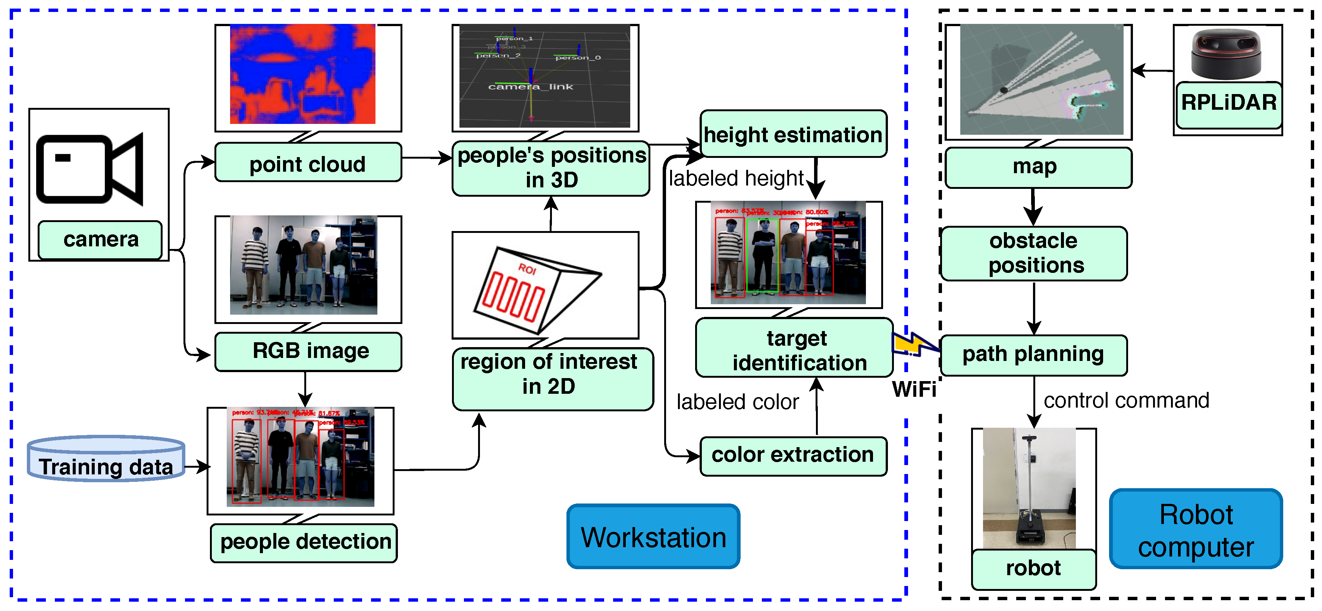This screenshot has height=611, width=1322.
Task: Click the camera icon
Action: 90,169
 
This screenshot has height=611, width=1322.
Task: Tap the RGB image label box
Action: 308,352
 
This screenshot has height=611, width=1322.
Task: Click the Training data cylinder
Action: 106,458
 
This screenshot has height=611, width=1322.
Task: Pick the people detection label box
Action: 304,542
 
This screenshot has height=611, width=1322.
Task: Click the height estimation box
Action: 792,134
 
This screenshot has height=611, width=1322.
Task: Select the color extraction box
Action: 792,455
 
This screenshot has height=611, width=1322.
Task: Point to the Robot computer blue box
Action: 1195,529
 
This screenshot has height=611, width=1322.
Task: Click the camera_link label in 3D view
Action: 530,87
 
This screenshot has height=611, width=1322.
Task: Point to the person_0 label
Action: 578,57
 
